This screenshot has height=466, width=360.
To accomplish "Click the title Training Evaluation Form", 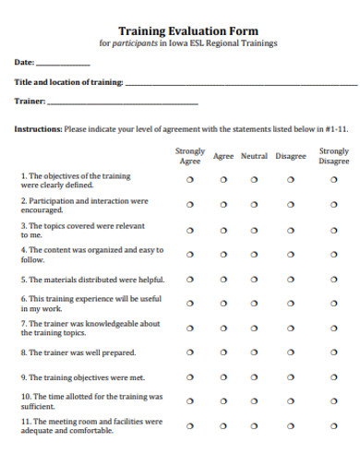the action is point(187,30).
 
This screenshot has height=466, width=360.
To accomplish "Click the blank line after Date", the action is point(63,64).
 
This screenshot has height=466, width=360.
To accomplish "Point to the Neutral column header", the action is point(254,156).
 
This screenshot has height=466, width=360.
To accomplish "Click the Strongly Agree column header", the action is point(190,156).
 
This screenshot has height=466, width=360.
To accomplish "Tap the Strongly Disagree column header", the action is point(333,156).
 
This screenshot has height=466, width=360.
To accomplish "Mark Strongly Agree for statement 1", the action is point(190,180).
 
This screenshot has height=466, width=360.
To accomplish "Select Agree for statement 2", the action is point(223,205).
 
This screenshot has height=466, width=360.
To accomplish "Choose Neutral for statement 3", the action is point(255,230).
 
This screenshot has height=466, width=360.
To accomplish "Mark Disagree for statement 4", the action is point(290,254).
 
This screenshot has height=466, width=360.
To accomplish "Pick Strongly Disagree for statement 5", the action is point(333,279).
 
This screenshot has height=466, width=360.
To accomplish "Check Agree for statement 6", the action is point(223,304).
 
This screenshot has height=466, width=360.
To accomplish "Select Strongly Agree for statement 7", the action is point(190,328).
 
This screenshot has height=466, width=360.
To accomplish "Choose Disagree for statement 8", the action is point(290,352).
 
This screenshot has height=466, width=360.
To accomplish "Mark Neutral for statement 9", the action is point(255,376).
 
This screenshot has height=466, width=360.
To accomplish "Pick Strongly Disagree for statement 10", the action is point(333,400).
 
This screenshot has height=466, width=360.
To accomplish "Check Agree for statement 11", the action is point(223,425).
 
